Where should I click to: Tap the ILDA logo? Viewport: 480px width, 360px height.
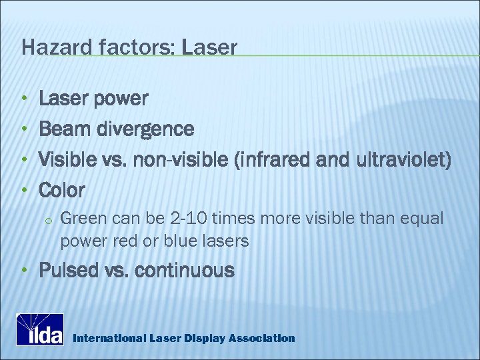click(x=39, y=329)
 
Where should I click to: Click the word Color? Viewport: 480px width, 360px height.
click(x=62, y=190)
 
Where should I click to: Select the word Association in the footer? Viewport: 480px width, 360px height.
click(x=261, y=338)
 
